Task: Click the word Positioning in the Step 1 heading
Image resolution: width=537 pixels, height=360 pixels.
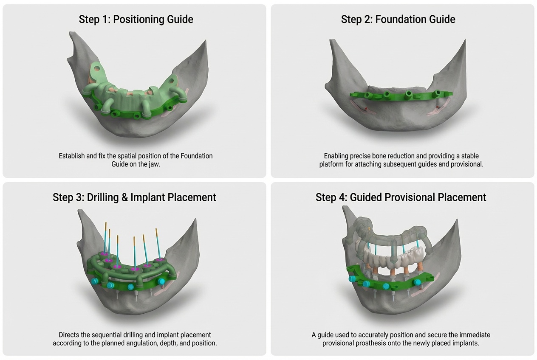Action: (139, 19)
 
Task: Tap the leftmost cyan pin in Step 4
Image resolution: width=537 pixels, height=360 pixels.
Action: (352, 279)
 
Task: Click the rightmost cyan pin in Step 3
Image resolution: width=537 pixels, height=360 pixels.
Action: (161, 281)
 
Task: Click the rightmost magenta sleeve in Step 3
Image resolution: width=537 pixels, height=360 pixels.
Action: (159, 260)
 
